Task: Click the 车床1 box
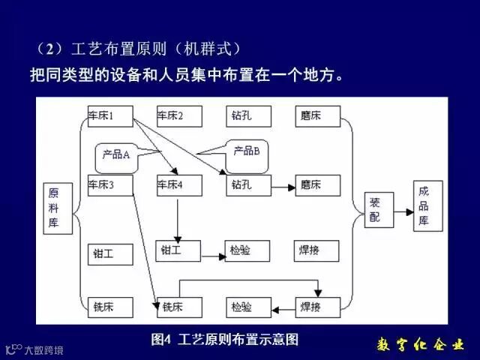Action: point(109,116)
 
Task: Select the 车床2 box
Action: point(179,116)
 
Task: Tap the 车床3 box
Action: point(109,184)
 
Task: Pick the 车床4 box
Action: point(179,184)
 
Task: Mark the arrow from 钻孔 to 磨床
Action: point(282,185)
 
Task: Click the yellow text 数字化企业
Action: point(419,345)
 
